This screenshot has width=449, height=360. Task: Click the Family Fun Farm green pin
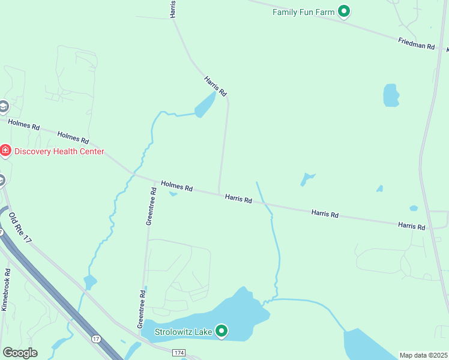344,11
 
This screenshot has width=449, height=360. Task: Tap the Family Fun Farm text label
303,11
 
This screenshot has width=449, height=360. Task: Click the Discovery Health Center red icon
5,150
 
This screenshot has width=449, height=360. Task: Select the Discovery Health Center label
59,151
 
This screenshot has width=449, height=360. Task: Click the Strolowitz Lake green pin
221,330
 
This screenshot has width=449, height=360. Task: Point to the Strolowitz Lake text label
184,331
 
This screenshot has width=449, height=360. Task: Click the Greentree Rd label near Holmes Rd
151,206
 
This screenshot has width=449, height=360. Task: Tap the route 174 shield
179,352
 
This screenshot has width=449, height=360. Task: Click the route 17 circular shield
95,339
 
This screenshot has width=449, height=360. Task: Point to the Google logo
20,353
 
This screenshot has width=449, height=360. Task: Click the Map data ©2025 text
423,355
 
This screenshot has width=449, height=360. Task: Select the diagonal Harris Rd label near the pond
215,86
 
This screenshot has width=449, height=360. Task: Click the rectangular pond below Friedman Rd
391,95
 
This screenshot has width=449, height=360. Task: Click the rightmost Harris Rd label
411,226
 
